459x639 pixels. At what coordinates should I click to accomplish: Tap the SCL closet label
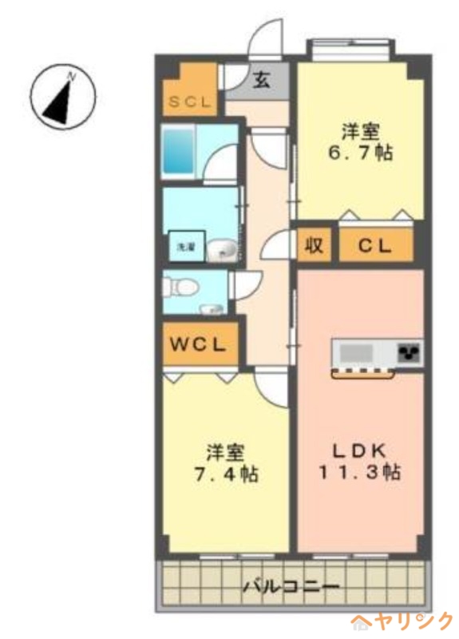tap(189, 102)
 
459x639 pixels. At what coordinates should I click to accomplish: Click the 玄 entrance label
tap(261, 80)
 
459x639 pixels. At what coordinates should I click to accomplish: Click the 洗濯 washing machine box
tap(181, 246)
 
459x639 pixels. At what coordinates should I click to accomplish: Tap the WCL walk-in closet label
tap(200, 345)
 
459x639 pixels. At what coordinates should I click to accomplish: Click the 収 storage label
tap(315, 245)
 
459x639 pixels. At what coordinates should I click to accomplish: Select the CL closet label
tap(375, 245)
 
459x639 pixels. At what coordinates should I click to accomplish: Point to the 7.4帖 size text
tap(224, 474)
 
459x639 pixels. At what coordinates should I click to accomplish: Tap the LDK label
tap(358, 449)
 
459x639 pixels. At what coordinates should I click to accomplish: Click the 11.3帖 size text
tap(358, 472)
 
